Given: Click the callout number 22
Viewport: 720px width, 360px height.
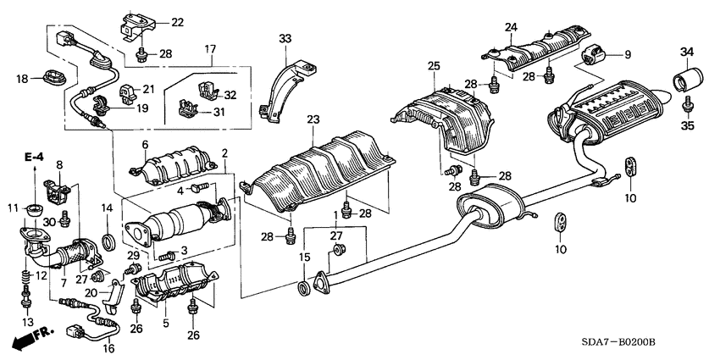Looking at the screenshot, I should [176, 22].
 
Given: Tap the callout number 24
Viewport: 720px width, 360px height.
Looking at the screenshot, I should [510, 27].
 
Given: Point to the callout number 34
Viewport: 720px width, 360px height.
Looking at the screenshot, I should [686, 54].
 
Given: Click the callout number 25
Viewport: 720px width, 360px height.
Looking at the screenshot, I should [434, 66].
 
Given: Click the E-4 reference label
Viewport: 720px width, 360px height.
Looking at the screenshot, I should [34, 158].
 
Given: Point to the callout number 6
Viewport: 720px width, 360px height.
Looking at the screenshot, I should [145, 145].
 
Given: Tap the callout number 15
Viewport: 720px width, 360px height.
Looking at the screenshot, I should [304, 257].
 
